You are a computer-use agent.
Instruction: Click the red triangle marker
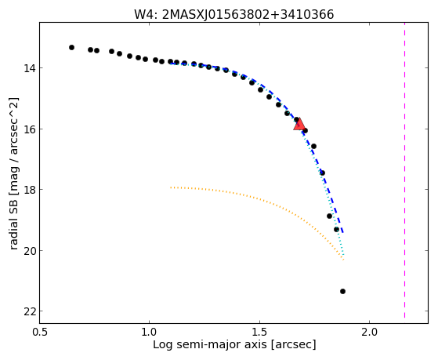click(299, 125)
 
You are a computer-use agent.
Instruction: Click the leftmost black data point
click(71, 48)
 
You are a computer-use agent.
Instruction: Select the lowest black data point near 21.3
click(342, 292)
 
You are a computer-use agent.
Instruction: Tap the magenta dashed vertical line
click(404, 170)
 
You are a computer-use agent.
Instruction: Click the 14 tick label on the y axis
click(29, 68)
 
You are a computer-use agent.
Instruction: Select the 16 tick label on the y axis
click(29, 129)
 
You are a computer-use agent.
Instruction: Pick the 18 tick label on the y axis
click(29, 190)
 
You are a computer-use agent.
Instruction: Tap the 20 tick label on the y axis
click(29, 251)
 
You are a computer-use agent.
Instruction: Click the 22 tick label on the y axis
click(29, 311)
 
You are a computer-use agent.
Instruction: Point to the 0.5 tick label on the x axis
click(40, 333)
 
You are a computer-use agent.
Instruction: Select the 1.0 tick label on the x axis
click(150, 333)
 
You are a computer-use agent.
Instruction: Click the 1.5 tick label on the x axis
click(260, 333)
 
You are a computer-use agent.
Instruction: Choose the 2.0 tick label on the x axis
click(370, 333)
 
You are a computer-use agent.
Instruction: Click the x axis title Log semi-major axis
click(210, 345)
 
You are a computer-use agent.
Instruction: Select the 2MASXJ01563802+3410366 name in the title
click(248, 15)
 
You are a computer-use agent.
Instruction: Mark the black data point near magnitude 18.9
click(329, 216)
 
